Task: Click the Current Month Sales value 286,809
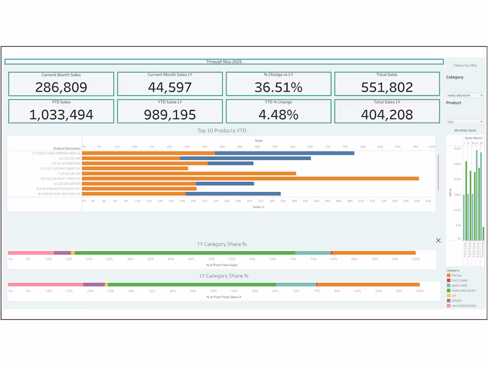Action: (61, 87)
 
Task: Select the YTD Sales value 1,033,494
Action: (61, 115)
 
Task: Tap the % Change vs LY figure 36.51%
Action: (278, 87)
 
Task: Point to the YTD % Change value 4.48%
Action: (278, 115)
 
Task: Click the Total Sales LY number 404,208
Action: (387, 115)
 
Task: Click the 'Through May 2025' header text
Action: (224, 62)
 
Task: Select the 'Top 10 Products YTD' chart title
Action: (222, 130)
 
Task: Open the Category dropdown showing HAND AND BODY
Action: (465, 95)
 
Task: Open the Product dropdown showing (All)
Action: (465, 122)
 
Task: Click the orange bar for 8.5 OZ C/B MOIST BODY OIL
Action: (250, 179)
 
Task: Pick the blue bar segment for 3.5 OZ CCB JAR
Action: (245, 158)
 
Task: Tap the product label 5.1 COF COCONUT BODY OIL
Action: (60, 169)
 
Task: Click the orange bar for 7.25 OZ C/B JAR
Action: (189, 173)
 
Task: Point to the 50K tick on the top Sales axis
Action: (257, 146)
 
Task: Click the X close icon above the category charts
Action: (438, 240)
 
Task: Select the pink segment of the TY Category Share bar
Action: (31, 253)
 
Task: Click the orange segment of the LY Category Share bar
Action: (368, 285)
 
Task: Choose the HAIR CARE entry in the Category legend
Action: (459, 286)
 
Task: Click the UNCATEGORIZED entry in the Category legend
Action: (464, 306)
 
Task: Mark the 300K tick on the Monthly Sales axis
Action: (457, 149)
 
